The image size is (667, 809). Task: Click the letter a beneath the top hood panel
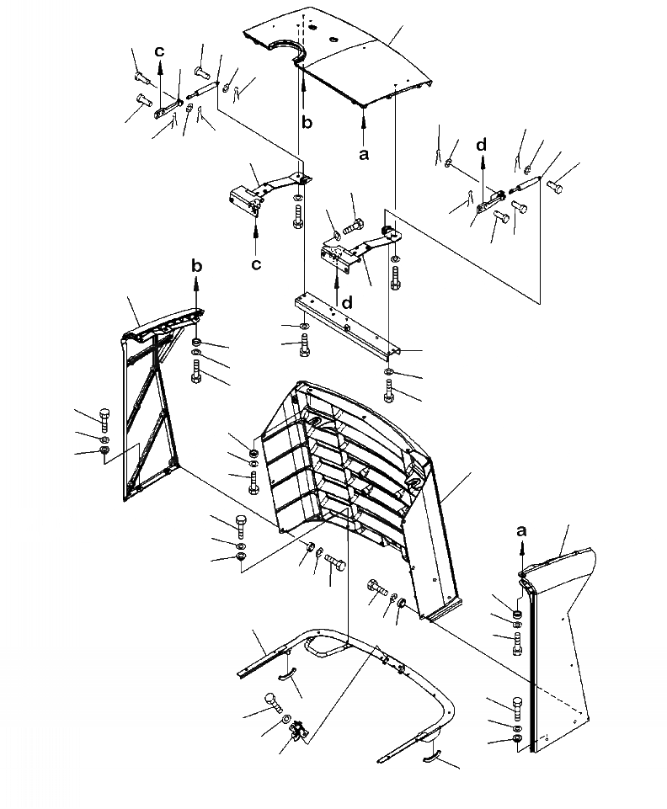coord(364,154)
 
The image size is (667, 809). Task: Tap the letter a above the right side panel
coord(522,530)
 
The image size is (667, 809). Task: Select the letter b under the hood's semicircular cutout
coord(307,122)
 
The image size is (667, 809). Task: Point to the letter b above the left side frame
coord(196,266)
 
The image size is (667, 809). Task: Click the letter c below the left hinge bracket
coord(256,263)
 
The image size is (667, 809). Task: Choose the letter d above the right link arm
coord(481,145)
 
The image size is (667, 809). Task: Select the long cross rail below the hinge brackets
coord(345,320)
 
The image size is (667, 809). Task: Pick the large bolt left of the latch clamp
coord(272,700)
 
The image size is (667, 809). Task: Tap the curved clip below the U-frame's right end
coord(431,756)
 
